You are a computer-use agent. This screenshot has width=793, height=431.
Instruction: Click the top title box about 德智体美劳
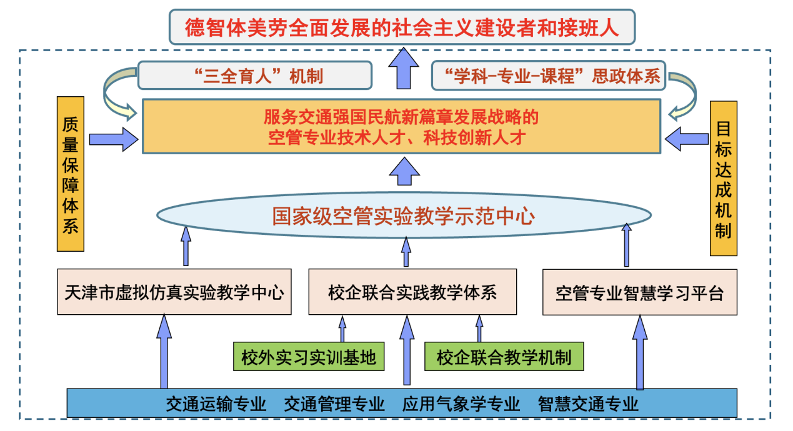(402, 27)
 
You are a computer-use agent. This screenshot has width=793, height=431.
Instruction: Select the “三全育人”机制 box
(255, 76)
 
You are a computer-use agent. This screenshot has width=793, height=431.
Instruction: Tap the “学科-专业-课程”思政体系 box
(549, 76)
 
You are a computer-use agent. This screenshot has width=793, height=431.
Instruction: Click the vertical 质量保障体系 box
(70, 174)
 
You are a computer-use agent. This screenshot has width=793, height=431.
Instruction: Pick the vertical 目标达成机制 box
(724, 179)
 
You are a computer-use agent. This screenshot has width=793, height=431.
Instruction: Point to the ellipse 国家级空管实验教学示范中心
(403, 216)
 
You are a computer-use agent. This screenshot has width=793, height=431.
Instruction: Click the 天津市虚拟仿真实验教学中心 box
(174, 292)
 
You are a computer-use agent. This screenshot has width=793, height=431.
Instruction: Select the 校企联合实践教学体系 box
(412, 292)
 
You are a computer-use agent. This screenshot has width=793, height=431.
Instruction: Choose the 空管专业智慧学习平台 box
(639, 292)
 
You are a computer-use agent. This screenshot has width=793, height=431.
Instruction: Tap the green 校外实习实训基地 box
(309, 357)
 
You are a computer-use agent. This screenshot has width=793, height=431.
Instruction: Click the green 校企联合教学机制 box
(504, 357)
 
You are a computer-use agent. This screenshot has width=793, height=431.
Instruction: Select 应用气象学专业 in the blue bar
(461, 404)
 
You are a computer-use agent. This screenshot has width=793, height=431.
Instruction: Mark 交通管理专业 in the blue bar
(334, 404)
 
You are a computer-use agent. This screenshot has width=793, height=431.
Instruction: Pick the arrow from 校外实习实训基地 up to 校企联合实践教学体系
(342, 329)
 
